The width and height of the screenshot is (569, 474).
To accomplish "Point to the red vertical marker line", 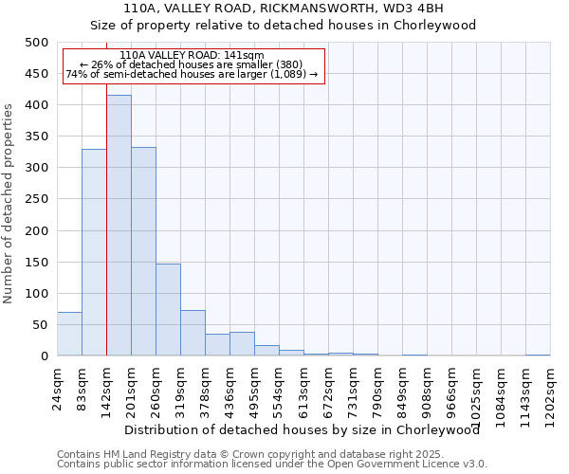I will click(x=106, y=237).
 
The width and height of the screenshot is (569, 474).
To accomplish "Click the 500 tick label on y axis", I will click(x=36, y=43).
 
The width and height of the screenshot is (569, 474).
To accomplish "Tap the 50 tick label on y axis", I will click(x=40, y=325).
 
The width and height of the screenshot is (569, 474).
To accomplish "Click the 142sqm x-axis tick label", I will click(x=107, y=390).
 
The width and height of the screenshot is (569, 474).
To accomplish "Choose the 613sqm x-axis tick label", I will click(x=304, y=390).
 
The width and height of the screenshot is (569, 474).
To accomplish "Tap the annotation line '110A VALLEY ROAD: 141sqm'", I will click(x=193, y=56).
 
